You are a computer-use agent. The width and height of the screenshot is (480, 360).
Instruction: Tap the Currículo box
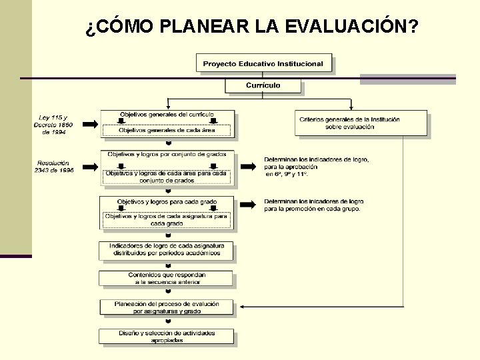point(263,86)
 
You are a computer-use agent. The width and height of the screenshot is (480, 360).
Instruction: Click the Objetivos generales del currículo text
point(167,115)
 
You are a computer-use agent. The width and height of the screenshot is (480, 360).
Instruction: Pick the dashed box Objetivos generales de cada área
point(167,130)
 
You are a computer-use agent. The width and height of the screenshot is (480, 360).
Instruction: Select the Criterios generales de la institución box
point(361,123)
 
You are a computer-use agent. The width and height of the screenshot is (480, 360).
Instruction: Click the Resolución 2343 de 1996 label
point(54,166)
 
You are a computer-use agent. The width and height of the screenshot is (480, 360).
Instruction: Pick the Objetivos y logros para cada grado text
point(167,201)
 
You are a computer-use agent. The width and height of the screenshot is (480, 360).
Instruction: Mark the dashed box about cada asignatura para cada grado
point(167,219)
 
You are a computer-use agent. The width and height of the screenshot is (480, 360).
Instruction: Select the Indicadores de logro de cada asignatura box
point(167,250)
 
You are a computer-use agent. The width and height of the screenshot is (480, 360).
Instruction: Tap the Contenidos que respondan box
point(167,279)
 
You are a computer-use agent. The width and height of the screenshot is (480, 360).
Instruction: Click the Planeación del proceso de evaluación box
point(167,307)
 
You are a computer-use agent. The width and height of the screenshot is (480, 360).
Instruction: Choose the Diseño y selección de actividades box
point(167,337)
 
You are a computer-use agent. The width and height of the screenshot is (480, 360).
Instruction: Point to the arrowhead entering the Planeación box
point(241,307)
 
